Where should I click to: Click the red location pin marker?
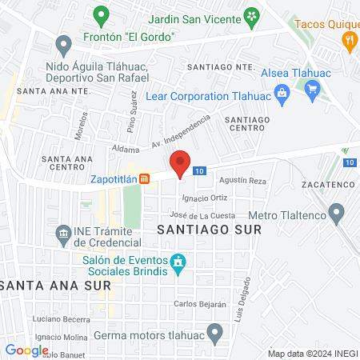point(181,163)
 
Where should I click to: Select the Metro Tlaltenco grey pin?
point(337,214)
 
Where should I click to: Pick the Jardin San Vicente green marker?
point(251,15)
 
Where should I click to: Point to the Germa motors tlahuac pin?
point(214,332)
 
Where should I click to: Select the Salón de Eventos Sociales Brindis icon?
point(178,262)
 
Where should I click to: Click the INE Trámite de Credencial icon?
point(62,234)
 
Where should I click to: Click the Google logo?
point(26,350)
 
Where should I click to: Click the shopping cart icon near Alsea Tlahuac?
point(313,87)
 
